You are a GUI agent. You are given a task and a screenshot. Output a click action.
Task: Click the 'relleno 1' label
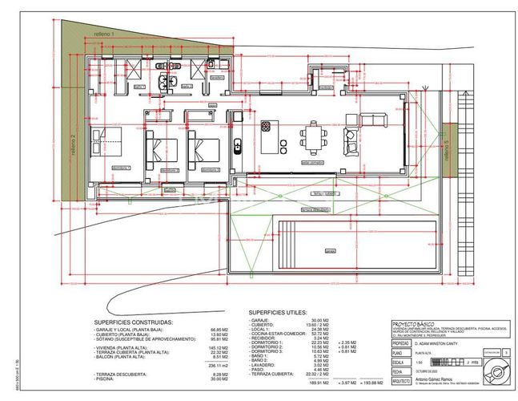(x=105, y=35)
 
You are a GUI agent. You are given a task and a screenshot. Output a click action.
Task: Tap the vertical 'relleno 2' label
(x=73, y=144)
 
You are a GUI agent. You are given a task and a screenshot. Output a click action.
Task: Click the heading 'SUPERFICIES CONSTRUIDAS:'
(x=132, y=322)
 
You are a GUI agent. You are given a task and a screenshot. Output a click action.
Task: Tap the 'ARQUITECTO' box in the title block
(x=402, y=381)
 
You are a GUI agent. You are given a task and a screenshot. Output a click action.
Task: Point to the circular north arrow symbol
(x=496, y=372)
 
